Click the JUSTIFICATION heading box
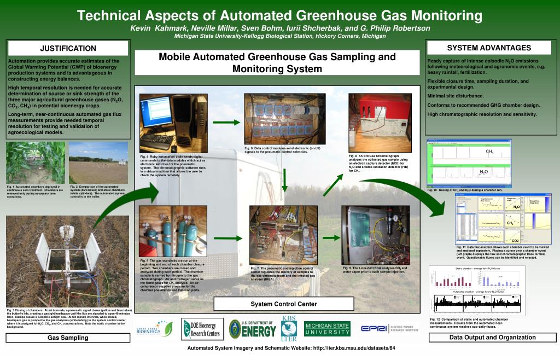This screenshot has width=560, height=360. click(x=68, y=49)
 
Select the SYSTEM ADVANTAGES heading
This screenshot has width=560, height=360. click(x=489, y=48)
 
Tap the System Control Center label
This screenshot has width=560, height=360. click(x=284, y=304)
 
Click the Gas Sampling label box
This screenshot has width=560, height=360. click(x=68, y=338)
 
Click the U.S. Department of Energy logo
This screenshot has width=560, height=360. click(x=253, y=329)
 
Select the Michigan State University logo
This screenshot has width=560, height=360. click(x=327, y=329)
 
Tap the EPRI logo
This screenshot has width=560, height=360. click(x=389, y=328)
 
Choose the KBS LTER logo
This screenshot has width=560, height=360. click(x=289, y=328)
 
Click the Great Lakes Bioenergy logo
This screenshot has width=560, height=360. click(x=155, y=329)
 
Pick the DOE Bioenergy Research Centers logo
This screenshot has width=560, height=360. click(x=202, y=328)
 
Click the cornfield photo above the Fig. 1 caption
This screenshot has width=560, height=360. click(x=36, y=162)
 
